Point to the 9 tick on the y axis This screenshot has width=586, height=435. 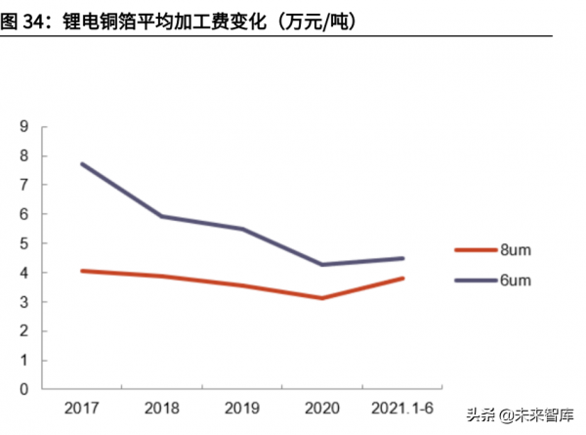click(x=23, y=126)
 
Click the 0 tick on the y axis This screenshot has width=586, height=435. click(x=23, y=389)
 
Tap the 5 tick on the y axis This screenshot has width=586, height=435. click(x=23, y=243)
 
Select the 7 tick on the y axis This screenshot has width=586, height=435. click(x=23, y=185)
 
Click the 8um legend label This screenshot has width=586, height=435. click(x=516, y=249)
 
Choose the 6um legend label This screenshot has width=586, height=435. click(x=516, y=281)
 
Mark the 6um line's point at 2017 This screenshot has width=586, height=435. click(x=82, y=163)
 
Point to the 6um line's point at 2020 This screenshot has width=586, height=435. click(x=321, y=265)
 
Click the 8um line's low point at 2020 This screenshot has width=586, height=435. click(x=321, y=298)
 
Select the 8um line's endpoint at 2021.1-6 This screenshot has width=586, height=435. click(x=402, y=279)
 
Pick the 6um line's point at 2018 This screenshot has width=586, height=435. click(x=160, y=216)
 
